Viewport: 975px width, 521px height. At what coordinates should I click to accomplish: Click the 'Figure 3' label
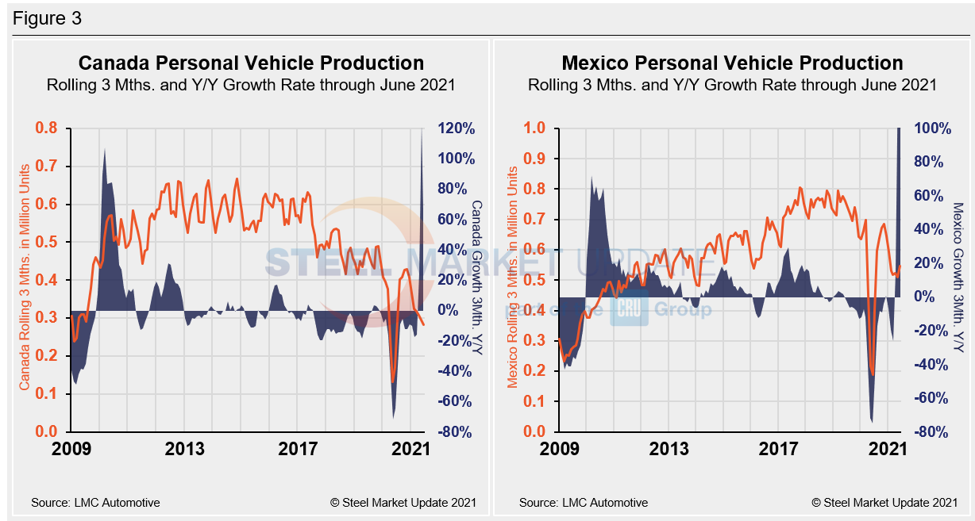pyautogui.click(x=47, y=18)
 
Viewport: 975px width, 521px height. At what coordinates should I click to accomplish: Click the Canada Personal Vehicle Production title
pyautogui.click(x=250, y=63)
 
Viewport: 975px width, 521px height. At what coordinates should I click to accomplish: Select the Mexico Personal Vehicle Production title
pyautogui.click(x=732, y=63)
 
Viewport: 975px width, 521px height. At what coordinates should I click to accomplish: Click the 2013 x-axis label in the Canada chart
pyautogui.click(x=185, y=449)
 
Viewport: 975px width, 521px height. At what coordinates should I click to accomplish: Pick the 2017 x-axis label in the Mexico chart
pyautogui.click(x=779, y=449)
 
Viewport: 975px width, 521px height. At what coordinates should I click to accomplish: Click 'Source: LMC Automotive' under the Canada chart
pyautogui.click(x=95, y=502)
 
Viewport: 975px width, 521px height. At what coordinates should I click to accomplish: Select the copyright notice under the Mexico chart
pyautogui.click(x=884, y=502)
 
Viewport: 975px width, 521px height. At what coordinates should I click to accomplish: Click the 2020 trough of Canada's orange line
pyautogui.click(x=393, y=381)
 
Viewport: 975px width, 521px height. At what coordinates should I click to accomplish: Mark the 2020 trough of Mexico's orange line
pyautogui.click(x=873, y=375)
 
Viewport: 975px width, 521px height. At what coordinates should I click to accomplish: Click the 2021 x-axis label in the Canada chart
pyautogui.click(x=410, y=449)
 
